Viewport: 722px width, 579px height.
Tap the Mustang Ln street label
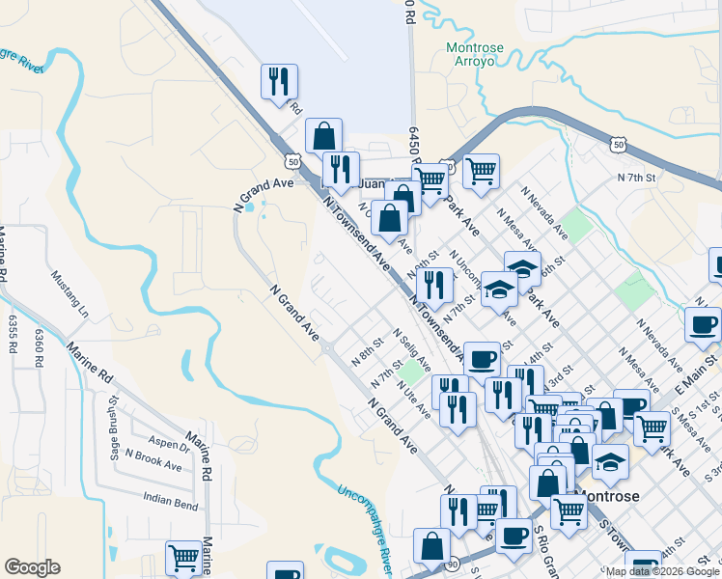[x=69, y=297]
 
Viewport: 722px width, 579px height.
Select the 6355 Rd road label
[x=14, y=334]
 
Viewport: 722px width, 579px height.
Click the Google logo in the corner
[x=31, y=566]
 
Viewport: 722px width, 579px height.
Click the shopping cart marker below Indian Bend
[x=181, y=557]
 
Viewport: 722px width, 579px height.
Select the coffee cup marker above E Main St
[x=703, y=324]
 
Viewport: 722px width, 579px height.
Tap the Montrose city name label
[x=608, y=496]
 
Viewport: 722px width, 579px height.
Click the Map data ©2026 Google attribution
[x=662, y=571]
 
